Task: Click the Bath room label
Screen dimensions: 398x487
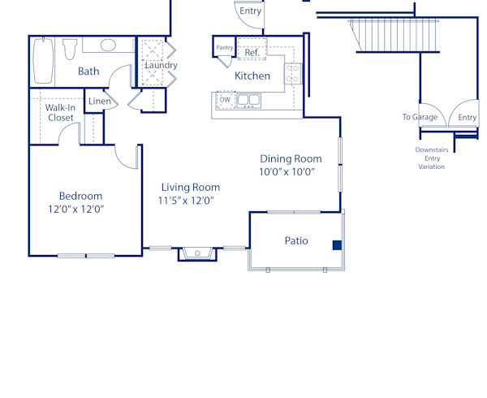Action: click(x=88, y=71)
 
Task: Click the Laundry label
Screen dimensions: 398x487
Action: click(x=161, y=65)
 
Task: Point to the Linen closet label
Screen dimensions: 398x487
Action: click(x=99, y=102)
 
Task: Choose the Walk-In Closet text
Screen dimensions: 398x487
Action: click(x=60, y=112)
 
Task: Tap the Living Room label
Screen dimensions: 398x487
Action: click(x=190, y=187)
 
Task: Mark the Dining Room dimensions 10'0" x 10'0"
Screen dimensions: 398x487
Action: click(x=287, y=172)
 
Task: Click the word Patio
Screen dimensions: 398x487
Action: click(x=296, y=240)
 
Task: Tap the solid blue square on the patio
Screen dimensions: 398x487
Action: click(x=337, y=245)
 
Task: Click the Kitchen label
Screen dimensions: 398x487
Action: click(x=252, y=76)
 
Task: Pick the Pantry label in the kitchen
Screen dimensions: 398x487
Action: click(x=225, y=48)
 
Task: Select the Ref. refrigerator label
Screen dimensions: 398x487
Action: click(x=252, y=53)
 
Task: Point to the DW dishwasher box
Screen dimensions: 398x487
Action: click(x=225, y=100)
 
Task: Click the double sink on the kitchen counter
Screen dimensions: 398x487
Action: click(x=248, y=101)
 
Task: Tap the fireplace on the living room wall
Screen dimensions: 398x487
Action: click(x=197, y=253)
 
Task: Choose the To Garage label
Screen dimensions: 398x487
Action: click(x=420, y=117)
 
